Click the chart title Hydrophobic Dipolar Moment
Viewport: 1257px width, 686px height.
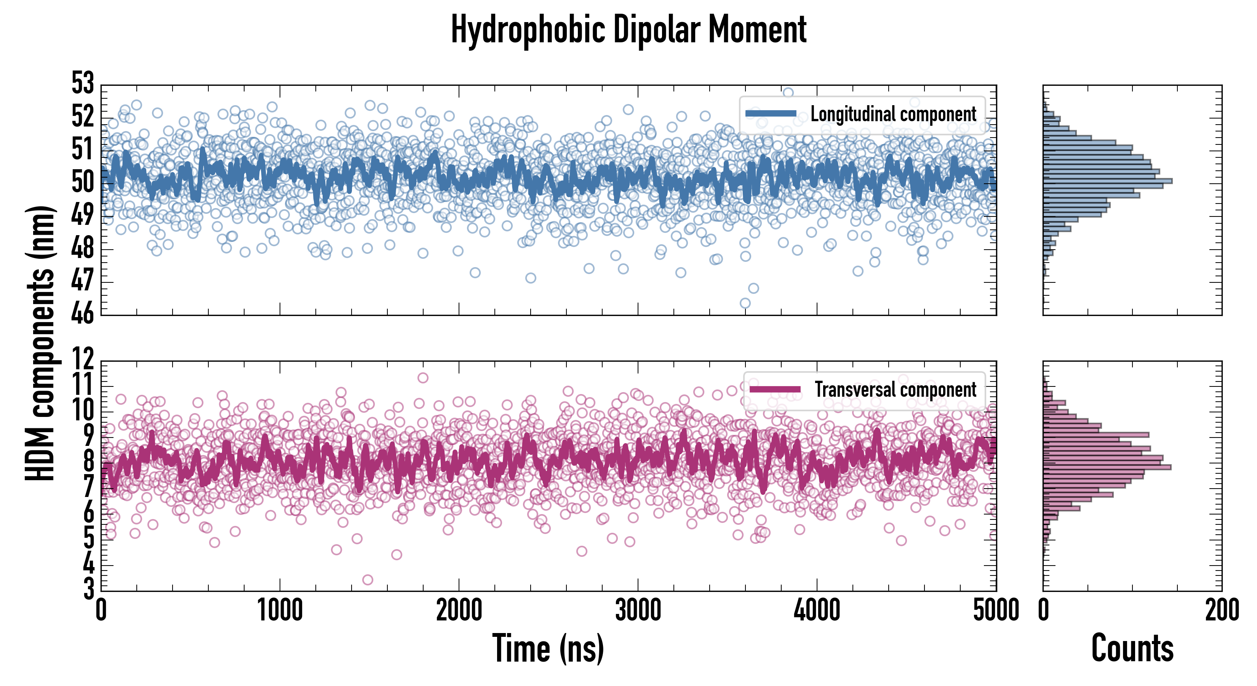click(x=628, y=30)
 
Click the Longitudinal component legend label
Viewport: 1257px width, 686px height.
click(x=893, y=114)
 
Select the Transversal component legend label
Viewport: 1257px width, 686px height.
click(x=896, y=389)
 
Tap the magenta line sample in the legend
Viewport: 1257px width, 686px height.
click(x=775, y=389)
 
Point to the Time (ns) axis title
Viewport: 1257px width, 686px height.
click(x=548, y=648)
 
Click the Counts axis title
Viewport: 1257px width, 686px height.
click(x=1132, y=648)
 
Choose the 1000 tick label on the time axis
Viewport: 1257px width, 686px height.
click(x=280, y=610)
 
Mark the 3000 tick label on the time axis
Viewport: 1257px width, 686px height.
click(x=638, y=610)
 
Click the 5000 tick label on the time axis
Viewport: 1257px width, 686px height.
click(x=995, y=610)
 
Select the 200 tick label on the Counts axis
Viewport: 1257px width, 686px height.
click(x=1222, y=610)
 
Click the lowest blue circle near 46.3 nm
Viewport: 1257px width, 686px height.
click(x=745, y=303)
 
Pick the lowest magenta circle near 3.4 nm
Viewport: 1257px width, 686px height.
click(x=368, y=580)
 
